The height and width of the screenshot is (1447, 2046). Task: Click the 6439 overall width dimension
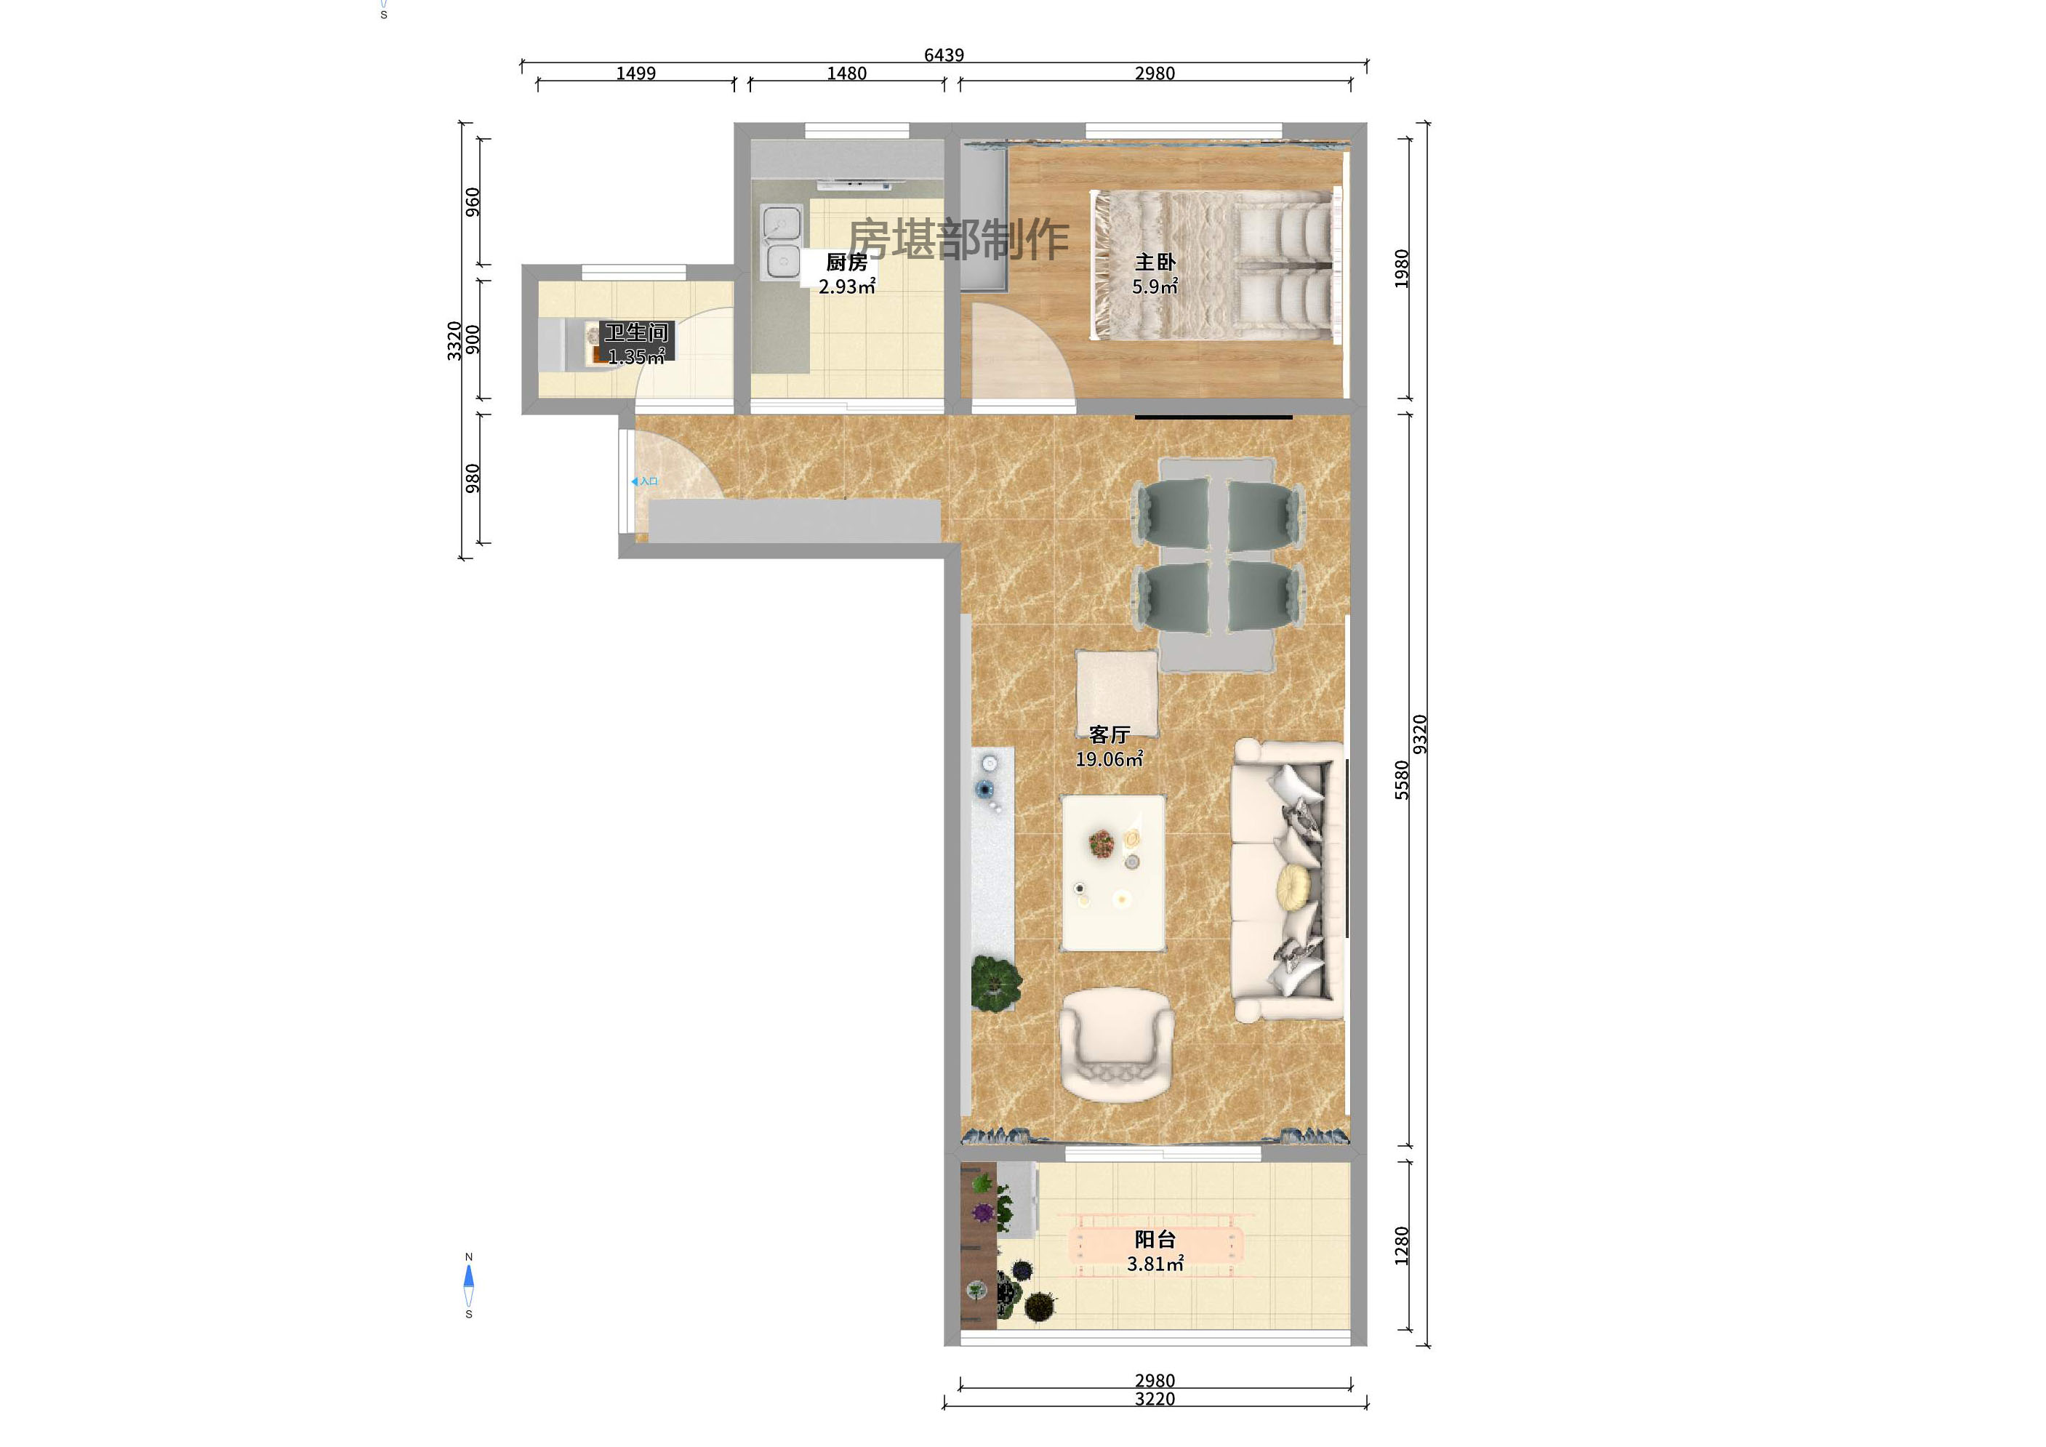point(944,55)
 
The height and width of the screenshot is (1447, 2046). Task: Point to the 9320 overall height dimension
point(1421,734)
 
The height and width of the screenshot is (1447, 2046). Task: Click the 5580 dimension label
point(1402,779)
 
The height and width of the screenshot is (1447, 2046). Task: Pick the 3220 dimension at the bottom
point(1154,1400)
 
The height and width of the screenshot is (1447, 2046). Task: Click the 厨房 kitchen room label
point(846,262)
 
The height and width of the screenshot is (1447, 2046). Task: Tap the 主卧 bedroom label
point(1154,262)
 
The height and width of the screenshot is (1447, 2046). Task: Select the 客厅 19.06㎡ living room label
point(1109,747)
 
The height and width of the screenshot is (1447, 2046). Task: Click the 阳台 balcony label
point(1154,1239)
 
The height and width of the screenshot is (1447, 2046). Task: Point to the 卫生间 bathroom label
point(636,333)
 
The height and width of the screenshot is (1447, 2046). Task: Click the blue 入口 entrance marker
point(644,481)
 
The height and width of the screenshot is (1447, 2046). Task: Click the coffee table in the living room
point(1113,873)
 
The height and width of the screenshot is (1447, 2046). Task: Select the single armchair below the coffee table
point(1115,1044)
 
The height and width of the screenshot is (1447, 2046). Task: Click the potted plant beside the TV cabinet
point(995,983)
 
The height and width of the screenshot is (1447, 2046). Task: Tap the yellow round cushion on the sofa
point(1294,886)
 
